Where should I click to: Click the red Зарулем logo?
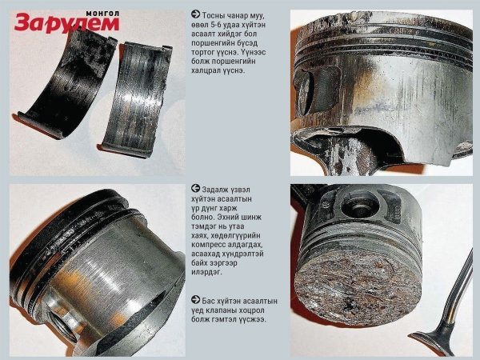tap(66, 23)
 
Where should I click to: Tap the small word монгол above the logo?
tap(102, 14)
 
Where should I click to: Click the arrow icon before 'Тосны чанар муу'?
tap(195, 14)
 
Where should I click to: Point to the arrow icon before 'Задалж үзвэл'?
tap(195, 188)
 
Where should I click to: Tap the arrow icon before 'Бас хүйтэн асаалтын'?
tap(195, 300)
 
